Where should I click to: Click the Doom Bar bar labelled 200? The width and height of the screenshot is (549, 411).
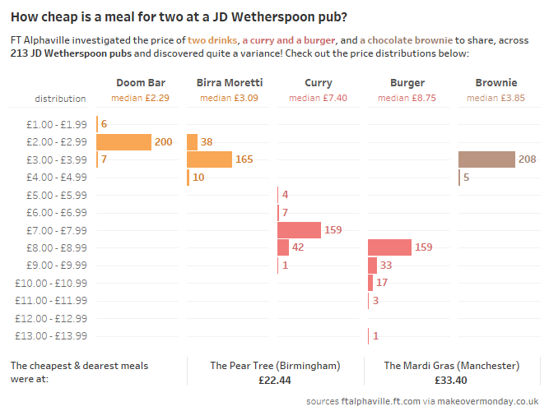point(123,142)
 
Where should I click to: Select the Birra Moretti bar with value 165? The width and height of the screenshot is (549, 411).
point(210,159)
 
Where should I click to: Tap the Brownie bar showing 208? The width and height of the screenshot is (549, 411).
point(486,159)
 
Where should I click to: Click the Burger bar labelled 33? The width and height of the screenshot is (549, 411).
point(372,266)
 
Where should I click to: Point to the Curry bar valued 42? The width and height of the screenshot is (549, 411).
point(283,247)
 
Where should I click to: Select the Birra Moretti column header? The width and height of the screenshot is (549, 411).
point(230,83)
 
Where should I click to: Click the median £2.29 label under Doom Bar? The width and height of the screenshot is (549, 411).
point(140,98)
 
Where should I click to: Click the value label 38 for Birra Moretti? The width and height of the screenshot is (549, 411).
point(207,142)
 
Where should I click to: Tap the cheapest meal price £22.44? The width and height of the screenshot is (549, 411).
point(275,381)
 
